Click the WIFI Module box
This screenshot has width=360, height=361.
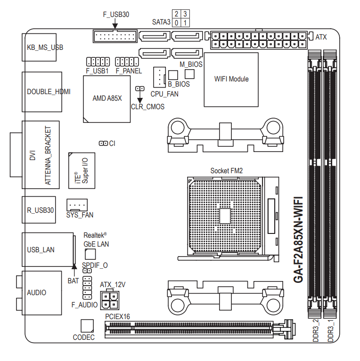231,80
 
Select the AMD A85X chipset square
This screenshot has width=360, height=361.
106,99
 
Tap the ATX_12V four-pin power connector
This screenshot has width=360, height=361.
110,300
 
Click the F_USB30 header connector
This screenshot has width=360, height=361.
115,36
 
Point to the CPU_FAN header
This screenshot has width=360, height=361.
159,77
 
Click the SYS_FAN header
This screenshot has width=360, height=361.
77,205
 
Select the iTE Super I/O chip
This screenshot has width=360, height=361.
82,170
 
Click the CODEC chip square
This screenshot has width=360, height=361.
87,326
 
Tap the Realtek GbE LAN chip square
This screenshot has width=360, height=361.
90,254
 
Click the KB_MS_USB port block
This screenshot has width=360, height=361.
39,48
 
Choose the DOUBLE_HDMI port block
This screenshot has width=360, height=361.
42,92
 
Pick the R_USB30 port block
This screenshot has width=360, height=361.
39,210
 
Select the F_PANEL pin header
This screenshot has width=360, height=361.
127,62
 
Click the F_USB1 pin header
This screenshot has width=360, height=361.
98,62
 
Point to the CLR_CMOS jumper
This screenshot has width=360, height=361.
139,88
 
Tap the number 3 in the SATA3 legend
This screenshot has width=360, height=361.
185,14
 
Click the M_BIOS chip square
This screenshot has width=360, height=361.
189,74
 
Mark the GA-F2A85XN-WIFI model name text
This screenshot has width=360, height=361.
298,240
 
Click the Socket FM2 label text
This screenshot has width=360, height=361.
227,171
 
